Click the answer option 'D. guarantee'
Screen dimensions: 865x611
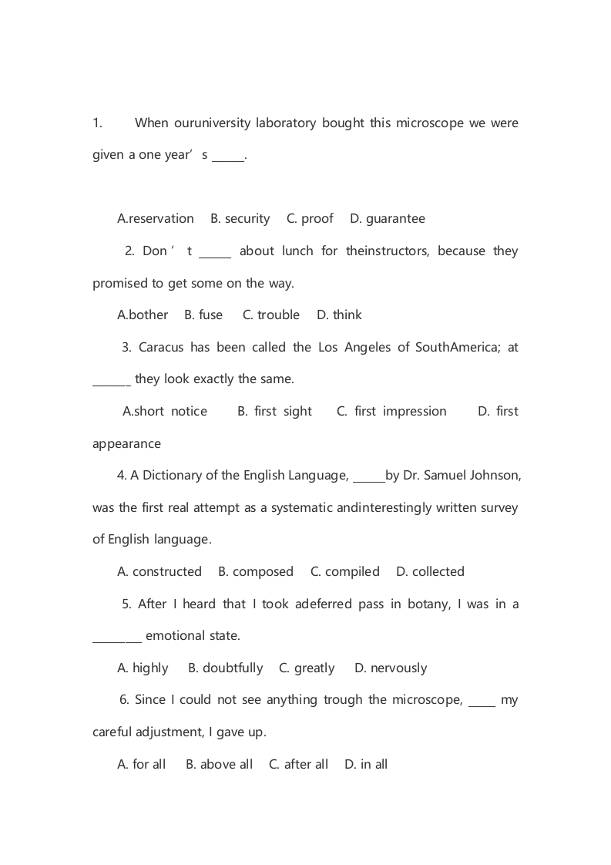coord(387,219)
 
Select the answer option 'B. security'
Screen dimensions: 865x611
coord(240,219)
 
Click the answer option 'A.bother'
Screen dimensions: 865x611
coord(143,315)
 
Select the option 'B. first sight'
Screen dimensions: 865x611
coord(274,412)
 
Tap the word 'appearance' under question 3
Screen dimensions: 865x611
coord(126,444)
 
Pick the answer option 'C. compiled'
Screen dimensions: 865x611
coord(344,572)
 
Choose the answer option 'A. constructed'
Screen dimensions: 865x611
coord(159,572)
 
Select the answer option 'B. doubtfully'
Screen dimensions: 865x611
coord(225,668)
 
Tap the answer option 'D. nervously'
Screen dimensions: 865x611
coord(390,668)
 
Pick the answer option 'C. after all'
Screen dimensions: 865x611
coord(298,765)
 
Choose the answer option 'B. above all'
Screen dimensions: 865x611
coord(219,765)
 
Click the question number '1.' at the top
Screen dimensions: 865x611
coord(97,123)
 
